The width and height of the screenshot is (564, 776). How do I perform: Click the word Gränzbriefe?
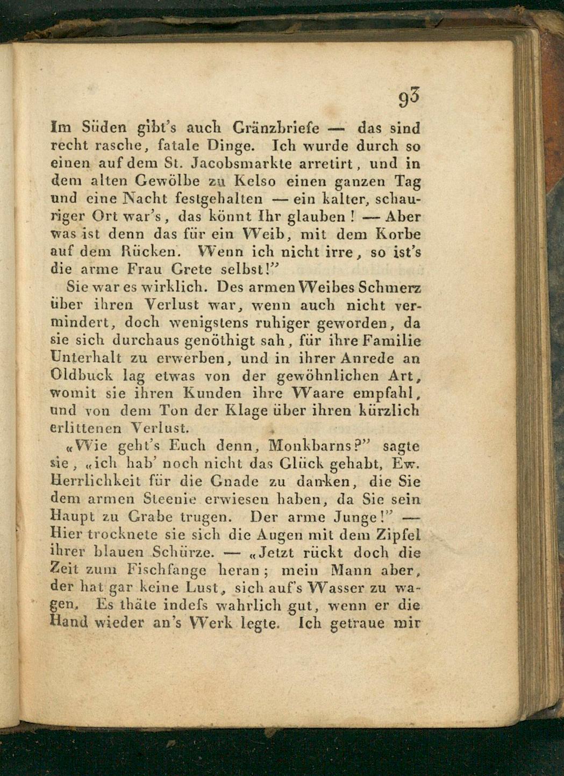tap(276, 129)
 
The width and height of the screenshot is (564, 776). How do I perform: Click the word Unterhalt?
tap(86, 358)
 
